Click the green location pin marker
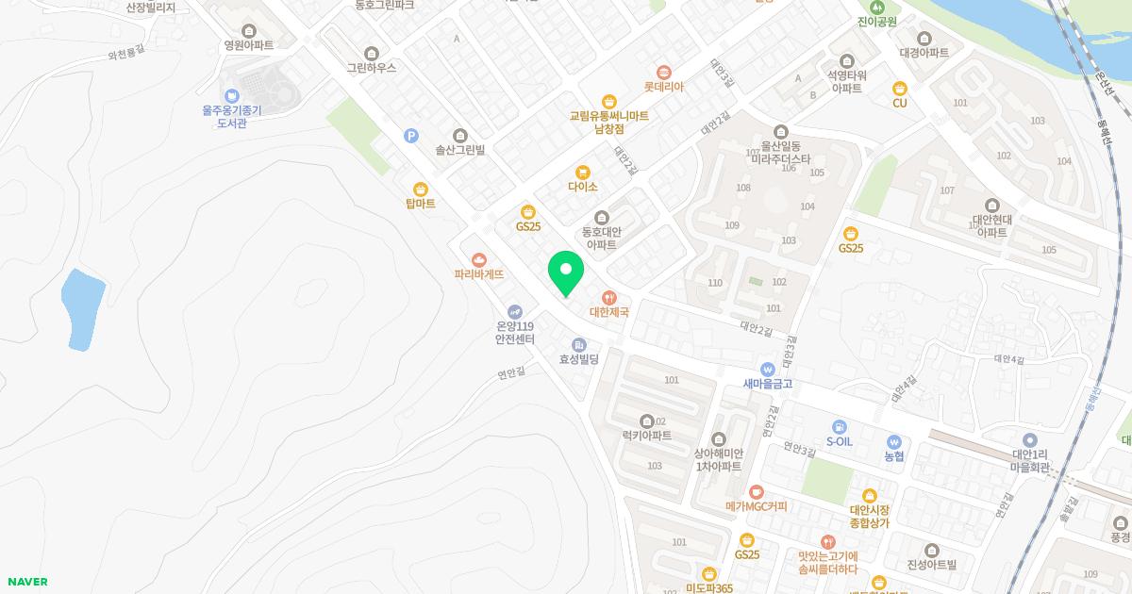(x=566, y=272)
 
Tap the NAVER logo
(x=26, y=582)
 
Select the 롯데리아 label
(x=663, y=87)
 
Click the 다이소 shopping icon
(x=583, y=173)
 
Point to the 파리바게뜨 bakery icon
(x=479, y=260)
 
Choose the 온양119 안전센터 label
(x=514, y=333)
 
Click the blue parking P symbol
(x=411, y=136)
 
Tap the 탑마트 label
(x=420, y=204)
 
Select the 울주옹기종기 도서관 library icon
(x=232, y=96)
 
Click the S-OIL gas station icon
(x=839, y=427)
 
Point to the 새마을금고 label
(x=767, y=384)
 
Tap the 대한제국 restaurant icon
(x=609, y=298)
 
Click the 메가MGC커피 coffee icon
(x=756, y=492)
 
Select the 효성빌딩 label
(x=579, y=359)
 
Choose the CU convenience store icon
(x=899, y=89)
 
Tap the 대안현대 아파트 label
(x=991, y=225)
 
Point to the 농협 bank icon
(x=894, y=441)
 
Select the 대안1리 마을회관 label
(x=1030, y=461)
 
